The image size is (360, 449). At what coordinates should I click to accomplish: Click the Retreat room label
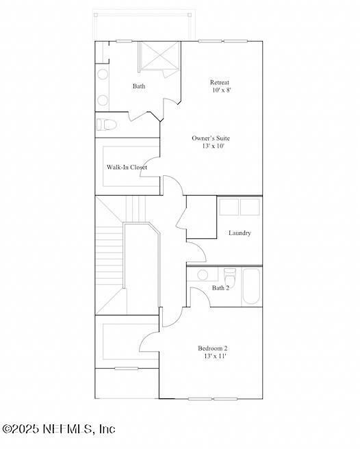click(220, 82)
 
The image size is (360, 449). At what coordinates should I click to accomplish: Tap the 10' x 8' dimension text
click(222, 90)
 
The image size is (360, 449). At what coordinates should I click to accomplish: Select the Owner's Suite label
click(211, 138)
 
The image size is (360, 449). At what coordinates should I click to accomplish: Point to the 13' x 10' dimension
click(214, 146)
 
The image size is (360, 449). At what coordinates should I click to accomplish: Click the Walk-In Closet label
click(127, 167)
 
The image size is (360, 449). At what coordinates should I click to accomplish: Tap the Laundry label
click(240, 233)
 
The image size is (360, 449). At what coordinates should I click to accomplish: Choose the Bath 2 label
click(220, 287)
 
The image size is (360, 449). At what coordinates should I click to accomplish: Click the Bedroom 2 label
click(212, 348)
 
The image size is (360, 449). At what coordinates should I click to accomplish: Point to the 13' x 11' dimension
click(215, 357)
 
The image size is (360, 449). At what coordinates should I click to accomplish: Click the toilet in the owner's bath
click(106, 125)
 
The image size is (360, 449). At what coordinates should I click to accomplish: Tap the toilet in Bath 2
click(230, 276)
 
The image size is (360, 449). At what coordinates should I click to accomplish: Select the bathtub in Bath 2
click(251, 286)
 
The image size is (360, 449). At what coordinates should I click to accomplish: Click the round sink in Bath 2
click(203, 275)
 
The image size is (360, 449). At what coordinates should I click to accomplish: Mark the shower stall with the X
click(159, 56)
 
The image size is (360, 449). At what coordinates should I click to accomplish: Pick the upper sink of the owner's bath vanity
click(102, 74)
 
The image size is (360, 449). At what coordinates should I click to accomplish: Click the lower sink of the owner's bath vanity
click(102, 100)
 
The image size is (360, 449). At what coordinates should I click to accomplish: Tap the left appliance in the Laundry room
click(229, 207)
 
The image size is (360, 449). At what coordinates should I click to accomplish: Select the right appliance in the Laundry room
click(250, 207)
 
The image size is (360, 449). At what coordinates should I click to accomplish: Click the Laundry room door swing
click(196, 252)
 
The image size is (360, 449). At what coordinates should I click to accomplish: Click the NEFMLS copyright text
click(59, 428)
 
